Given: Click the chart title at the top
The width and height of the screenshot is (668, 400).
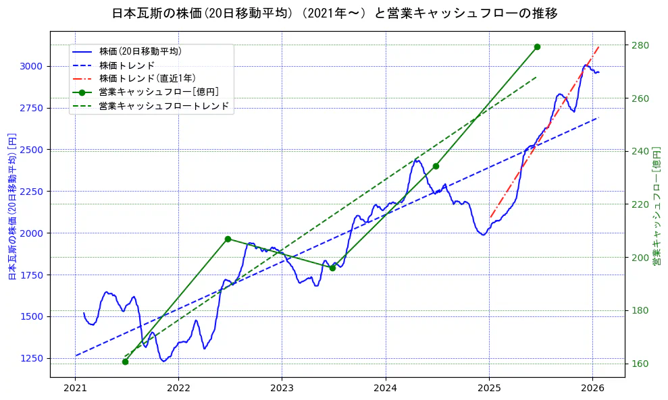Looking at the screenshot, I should pyautogui.click(x=334, y=13).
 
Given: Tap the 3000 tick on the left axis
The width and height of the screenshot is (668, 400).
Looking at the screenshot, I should pyautogui.click(x=32, y=66).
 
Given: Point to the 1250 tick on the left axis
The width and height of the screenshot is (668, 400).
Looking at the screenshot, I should pyautogui.click(x=32, y=358).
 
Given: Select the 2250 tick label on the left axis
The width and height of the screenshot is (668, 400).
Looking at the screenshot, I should pyautogui.click(x=32, y=192).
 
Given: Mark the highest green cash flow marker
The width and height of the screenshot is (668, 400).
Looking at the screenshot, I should pyautogui.click(x=537, y=47).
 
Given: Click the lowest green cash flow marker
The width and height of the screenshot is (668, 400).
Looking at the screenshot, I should pyautogui.click(x=125, y=362).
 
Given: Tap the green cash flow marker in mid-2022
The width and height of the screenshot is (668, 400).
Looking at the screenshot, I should pyautogui.click(x=228, y=239).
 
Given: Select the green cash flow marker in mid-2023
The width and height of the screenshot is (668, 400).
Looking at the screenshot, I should pyautogui.click(x=332, y=268).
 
